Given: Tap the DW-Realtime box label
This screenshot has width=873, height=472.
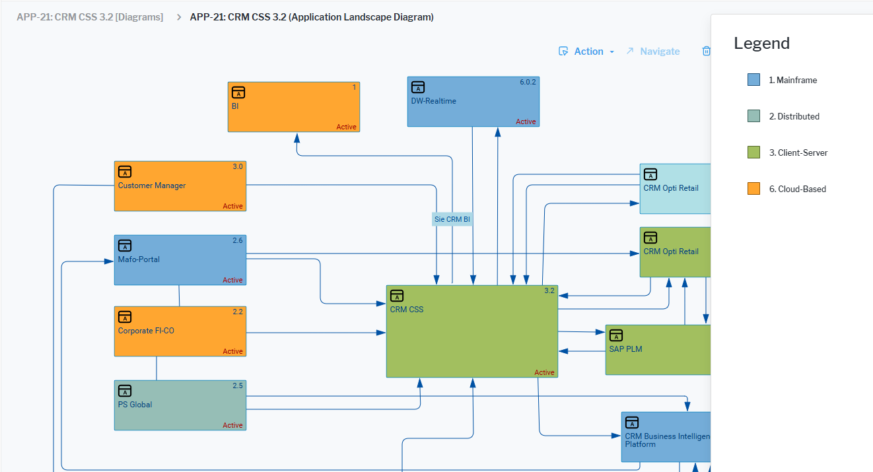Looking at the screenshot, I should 433,101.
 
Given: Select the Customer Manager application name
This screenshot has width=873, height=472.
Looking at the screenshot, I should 151,185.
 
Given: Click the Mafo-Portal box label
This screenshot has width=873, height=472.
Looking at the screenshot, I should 139,259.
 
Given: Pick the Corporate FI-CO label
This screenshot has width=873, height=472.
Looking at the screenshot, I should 146,331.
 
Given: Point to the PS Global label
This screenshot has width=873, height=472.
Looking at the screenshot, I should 135,405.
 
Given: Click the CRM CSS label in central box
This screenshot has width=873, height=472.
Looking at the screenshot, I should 407,310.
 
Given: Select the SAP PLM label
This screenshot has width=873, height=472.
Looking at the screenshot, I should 625,349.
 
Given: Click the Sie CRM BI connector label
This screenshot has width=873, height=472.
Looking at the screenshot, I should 452,219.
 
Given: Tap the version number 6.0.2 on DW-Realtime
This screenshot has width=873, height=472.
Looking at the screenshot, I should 528,82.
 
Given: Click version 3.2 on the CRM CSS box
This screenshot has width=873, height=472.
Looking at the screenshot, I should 549,290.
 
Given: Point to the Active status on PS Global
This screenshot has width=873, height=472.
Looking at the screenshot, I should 232,425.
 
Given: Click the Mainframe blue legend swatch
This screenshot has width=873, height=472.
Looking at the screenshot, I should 753,80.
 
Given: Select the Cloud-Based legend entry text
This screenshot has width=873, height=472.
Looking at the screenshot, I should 797,189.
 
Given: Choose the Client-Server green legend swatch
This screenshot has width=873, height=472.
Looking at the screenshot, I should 753,152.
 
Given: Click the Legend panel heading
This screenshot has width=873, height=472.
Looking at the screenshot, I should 761,44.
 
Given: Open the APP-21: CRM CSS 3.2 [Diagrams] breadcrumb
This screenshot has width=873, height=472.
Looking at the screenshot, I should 90,17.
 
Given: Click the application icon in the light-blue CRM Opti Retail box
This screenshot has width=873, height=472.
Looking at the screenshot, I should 650,174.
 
